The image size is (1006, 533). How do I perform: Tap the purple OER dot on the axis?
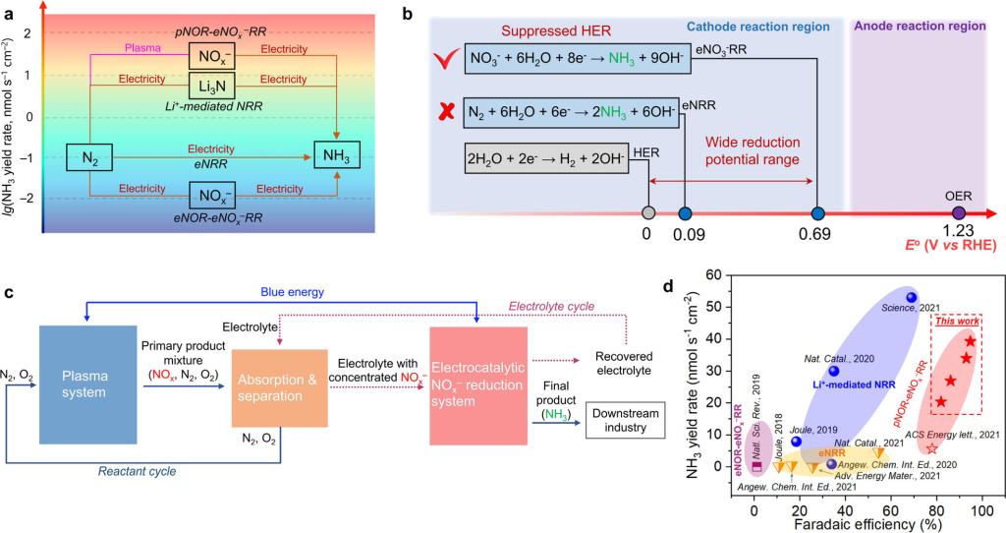[959, 212]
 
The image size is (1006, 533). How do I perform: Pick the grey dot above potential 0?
[646, 212]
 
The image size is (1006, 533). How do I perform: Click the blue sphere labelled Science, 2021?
[912, 297]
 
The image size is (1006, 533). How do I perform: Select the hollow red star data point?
[931, 448]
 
